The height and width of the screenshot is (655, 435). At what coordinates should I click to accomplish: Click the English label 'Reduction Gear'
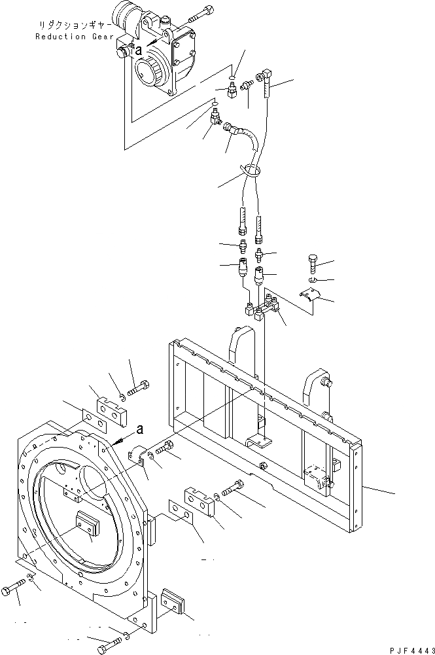pos(70,37)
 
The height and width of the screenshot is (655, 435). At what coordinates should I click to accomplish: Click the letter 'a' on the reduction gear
pos(138,48)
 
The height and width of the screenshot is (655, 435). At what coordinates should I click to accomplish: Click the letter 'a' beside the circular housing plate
pos(140,429)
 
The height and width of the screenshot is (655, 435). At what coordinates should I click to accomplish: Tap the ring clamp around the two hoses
pos(254,172)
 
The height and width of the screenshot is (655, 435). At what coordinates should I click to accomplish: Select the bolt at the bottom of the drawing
pos(107,648)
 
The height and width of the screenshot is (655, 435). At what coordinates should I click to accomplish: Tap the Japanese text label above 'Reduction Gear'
pos(70,25)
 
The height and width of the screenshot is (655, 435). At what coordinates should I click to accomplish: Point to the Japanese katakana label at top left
pos(70,25)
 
